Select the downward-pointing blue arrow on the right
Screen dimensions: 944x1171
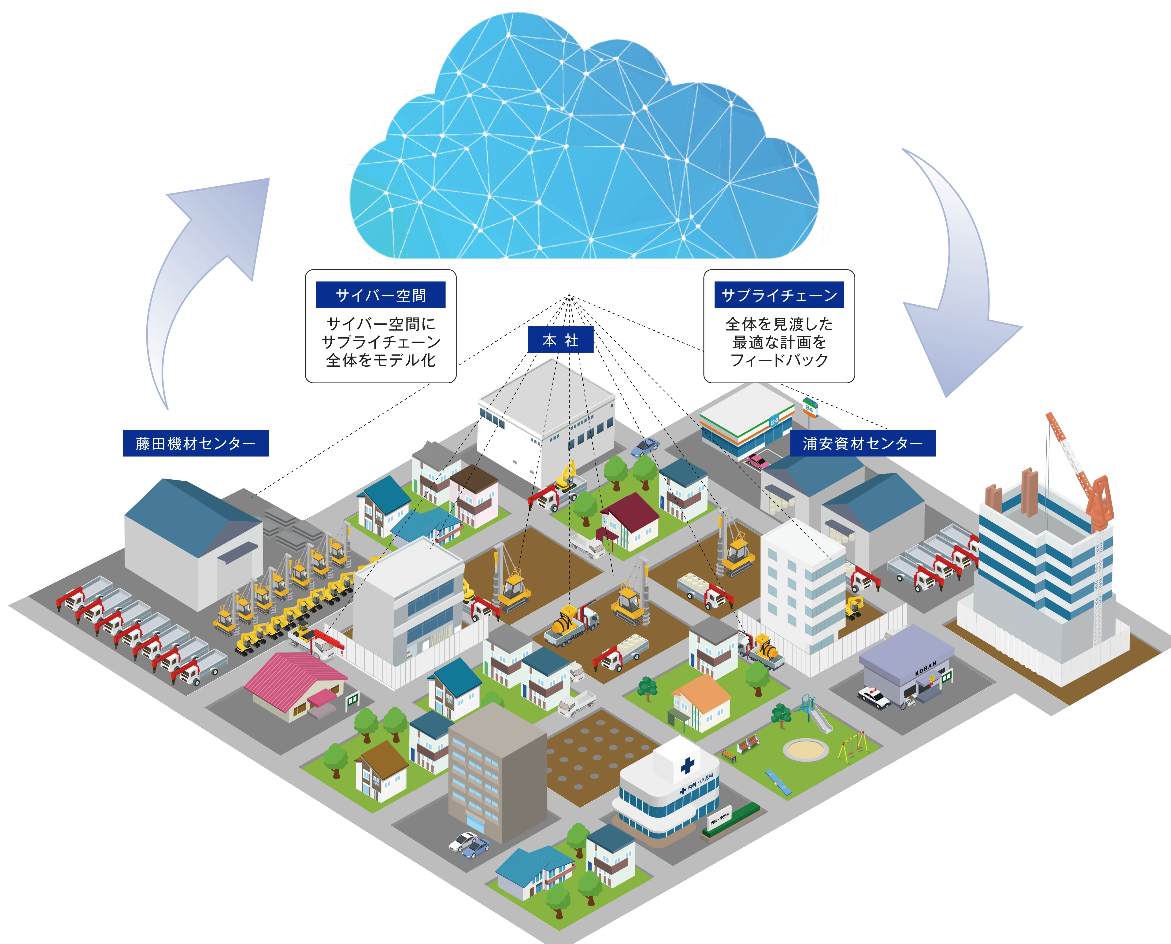click(x=963, y=283)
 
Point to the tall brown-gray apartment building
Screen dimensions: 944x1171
click(x=496, y=772)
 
